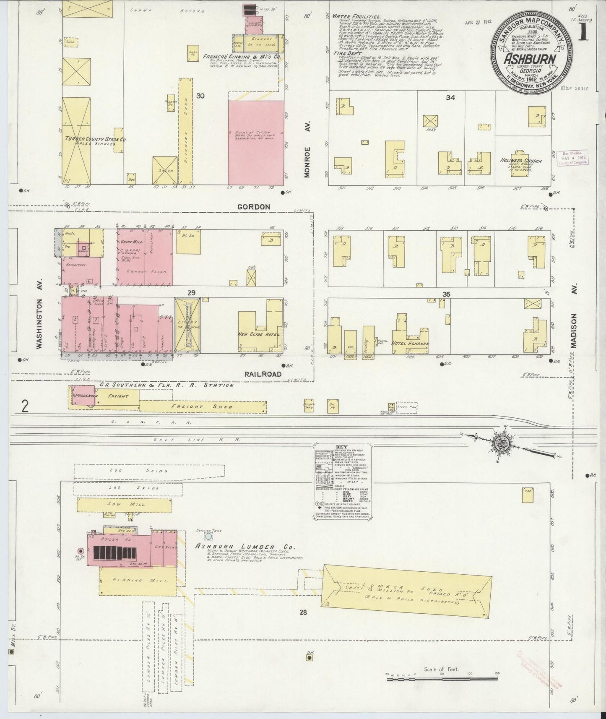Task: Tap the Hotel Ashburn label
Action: [411, 344]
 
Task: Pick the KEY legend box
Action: [342, 482]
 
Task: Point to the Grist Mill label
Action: [129, 242]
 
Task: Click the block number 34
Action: [450, 98]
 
